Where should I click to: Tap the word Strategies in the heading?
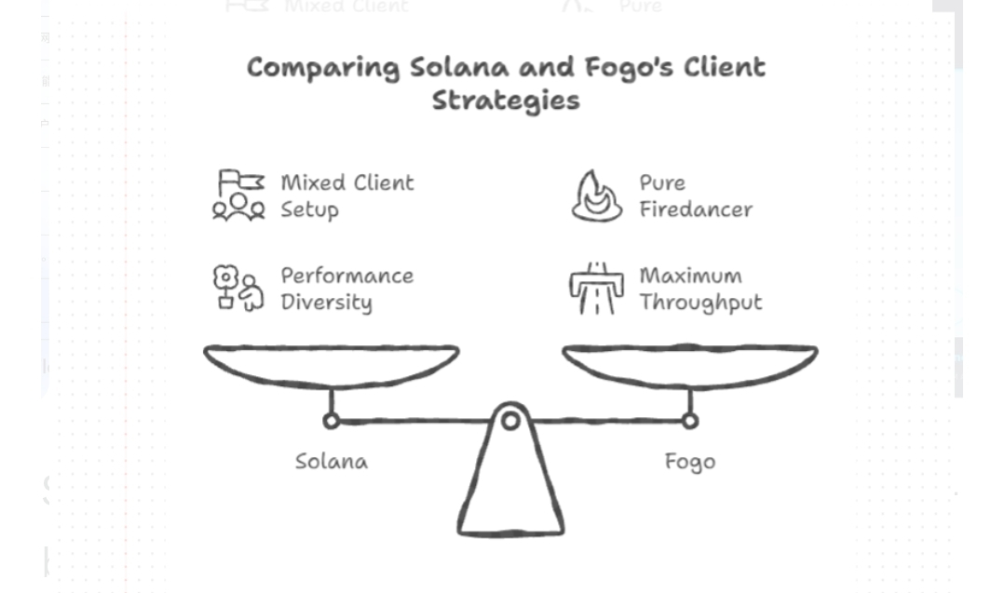pyautogui.click(x=506, y=101)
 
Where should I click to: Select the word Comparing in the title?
pyautogui.click(x=323, y=68)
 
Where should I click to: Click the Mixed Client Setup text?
pyautogui.click(x=346, y=195)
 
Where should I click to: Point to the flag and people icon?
pyautogui.click(x=239, y=195)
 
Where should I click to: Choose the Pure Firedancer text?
pyautogui.click(x=695, y=195)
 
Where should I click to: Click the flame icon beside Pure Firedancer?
pyautogui.click(x=597, y=195)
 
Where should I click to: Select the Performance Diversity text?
pyautogui.click(x=346, y=289)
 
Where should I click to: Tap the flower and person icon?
pyautogui.click(x=238, y=288)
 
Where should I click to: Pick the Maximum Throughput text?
pyautogui.click(x=699, y=289)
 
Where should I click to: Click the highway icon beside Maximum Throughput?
pyautogui.click(x=596, y=289)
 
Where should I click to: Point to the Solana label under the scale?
pyautogui.click(x=331, y=461)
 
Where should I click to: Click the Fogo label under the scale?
pyautogui.click(x=689, y=461)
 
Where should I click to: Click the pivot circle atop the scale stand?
pyautogui.click(x=509, y=421)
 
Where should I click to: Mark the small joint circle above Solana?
pyautogui.click(x=331, y=421)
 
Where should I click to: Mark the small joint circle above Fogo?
pyautogui.click(x=689, y=421)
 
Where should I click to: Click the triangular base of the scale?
pyautogui.click(x=509, y=493)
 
